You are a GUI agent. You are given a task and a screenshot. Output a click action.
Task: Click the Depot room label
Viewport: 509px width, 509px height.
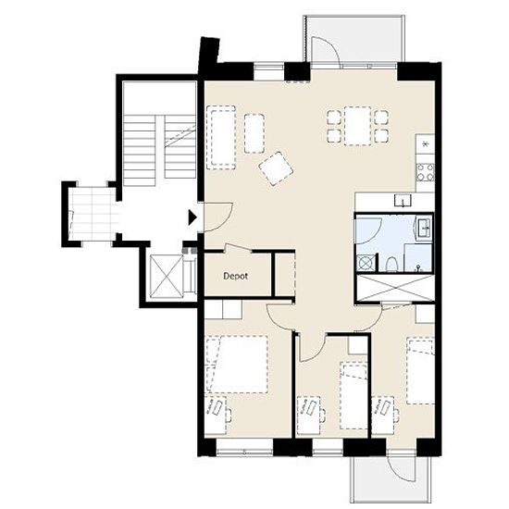(x=236, y=277)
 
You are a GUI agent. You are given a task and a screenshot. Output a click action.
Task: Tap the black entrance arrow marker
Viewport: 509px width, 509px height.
(x=192, y=217)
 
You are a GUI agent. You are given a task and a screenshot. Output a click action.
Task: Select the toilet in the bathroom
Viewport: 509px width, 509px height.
(x=391, y=265)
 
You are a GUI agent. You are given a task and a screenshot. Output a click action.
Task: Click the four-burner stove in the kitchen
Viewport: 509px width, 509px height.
(x=426, y=172)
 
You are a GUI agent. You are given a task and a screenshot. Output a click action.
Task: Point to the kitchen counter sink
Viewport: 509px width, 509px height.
(x=403, y=200)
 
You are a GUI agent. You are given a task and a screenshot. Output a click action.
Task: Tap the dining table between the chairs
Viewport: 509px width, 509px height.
(x=358, y=126)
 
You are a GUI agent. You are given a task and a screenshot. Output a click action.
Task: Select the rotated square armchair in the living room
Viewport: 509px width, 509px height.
(x=276, y=168)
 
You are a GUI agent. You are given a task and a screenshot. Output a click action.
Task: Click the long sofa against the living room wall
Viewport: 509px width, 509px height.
(x=221, y=137)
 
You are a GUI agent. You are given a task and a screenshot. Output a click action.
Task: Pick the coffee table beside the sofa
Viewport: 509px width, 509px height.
(x=254, y=133)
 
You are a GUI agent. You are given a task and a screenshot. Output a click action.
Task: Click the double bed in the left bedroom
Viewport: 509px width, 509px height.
(x=237, y=365)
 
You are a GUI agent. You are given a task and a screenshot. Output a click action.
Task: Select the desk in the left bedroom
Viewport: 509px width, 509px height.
(x=216, y=415)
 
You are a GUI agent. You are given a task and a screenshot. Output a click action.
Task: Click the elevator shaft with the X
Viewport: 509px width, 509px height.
(x=167, y=277)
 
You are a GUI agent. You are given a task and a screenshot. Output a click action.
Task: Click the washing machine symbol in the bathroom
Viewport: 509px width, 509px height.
(x=365, y=263)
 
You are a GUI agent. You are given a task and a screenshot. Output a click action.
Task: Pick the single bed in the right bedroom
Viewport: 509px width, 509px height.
(x=421, y=371)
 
